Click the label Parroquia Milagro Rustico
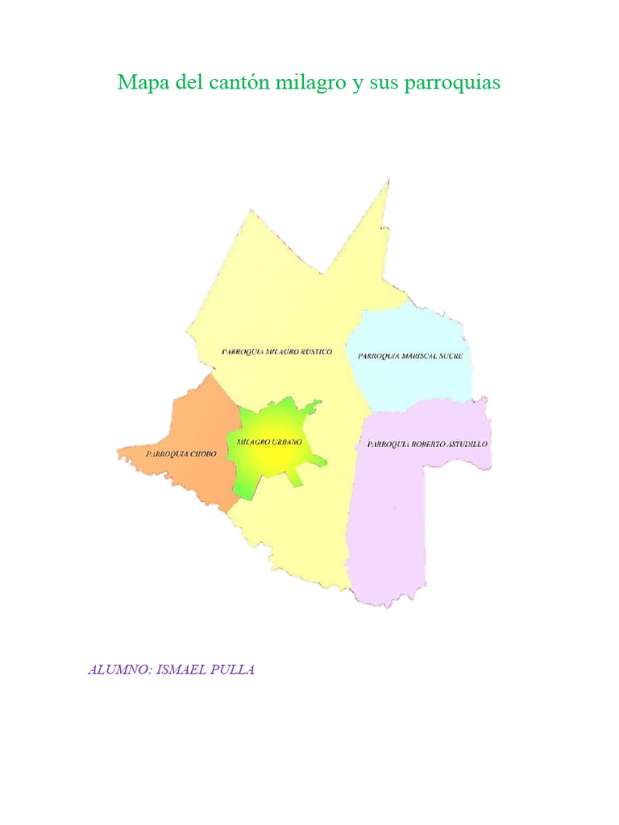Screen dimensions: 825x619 [x=276, y=352]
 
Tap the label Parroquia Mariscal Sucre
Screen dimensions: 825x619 [x=410, y=355]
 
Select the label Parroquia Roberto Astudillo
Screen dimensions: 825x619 [x=427, y=444]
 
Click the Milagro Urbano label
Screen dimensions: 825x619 [x=269, y=442]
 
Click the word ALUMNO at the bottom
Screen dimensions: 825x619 [x=118, y=670]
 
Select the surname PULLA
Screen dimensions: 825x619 [x=235, y=670]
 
